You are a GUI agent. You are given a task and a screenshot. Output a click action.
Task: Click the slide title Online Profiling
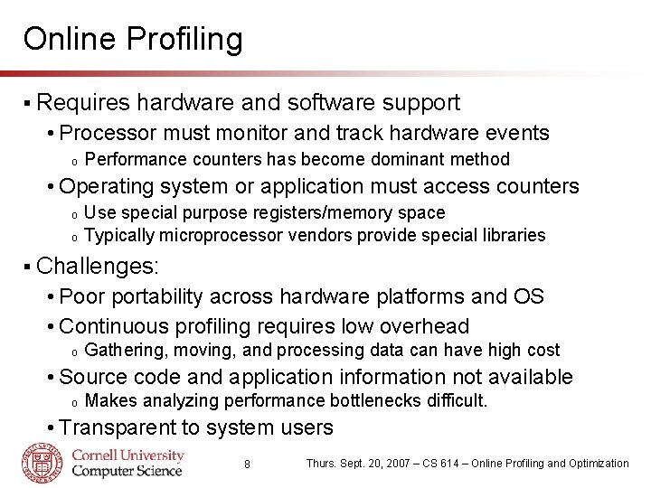(x=133, y=39)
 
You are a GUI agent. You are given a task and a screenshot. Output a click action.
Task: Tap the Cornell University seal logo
(x=42, y=462)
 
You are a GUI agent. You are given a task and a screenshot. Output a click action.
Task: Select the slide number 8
(x=248, y=465)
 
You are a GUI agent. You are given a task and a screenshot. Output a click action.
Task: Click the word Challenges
(x=97, y=266)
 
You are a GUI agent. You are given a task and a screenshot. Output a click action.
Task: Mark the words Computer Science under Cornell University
(x=127, y=470)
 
